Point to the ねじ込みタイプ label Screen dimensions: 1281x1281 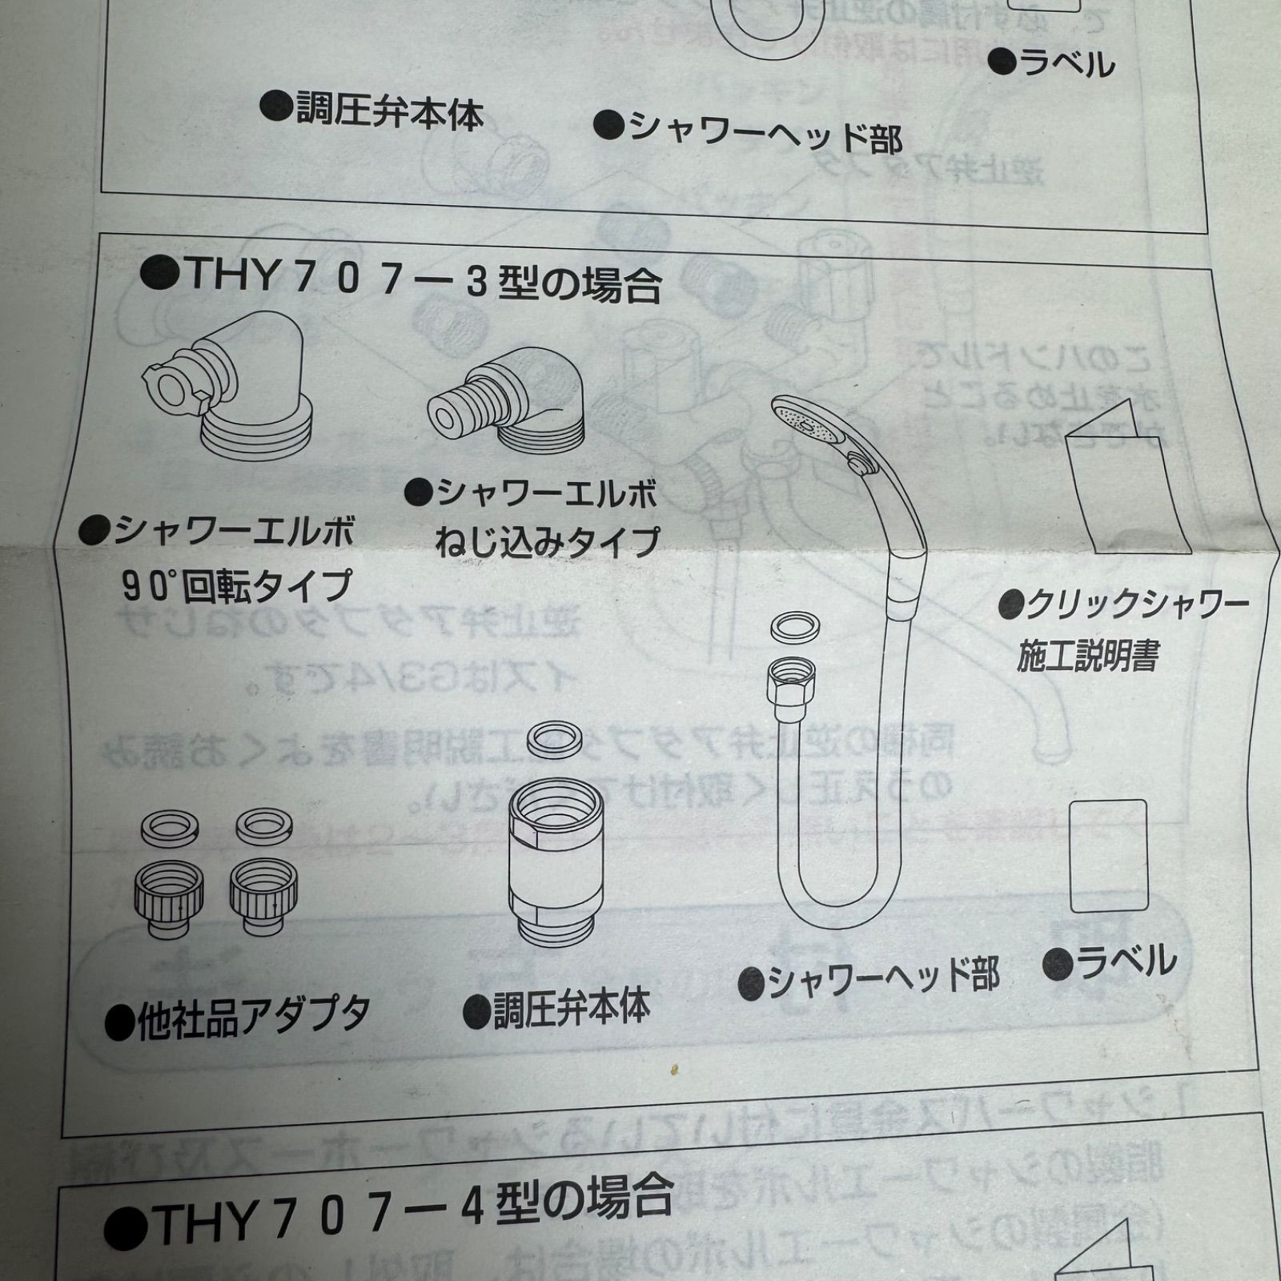point(548,542)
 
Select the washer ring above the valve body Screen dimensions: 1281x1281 point(557,738)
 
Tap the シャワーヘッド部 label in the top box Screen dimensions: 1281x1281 point(749,132)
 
